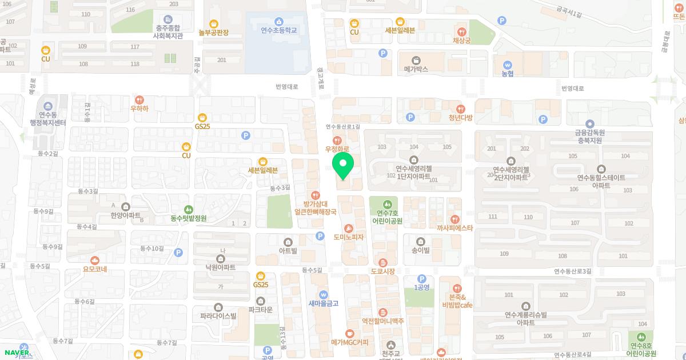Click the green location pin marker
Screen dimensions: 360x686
[343, 166]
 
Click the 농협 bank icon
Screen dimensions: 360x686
[507, 64]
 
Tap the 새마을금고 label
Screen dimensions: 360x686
[324, 303]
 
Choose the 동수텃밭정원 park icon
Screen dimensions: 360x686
[188, 209]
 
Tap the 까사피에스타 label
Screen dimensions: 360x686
[454, 227]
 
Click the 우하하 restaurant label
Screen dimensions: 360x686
[139, 108]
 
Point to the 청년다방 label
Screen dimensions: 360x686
[460, 118]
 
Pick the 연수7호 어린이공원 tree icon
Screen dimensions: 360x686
[387, 204]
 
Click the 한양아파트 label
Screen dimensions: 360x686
[126, 215]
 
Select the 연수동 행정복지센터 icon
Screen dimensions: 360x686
[48, 106]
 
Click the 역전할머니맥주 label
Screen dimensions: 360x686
[382, 321]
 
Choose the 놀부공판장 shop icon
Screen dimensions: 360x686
[214, 23]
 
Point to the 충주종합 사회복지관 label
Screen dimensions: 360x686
[167, 31]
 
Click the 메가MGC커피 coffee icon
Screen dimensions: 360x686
[350, 333]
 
